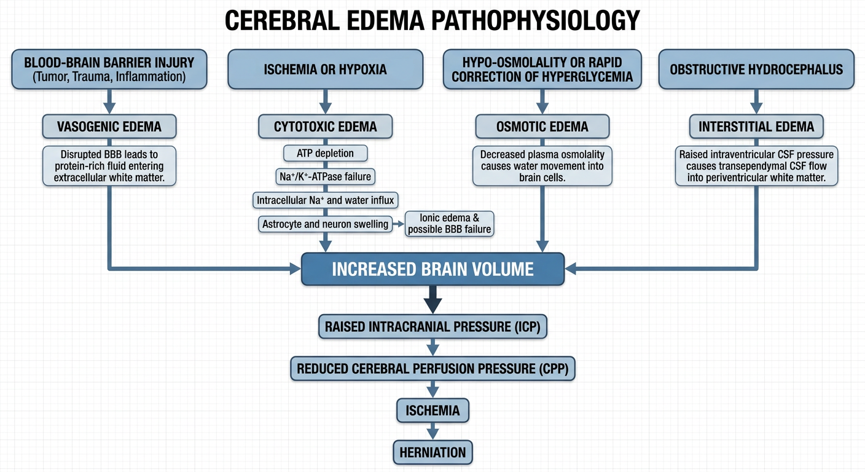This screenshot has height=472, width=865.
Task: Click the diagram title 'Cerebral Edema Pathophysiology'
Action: coord(432,20)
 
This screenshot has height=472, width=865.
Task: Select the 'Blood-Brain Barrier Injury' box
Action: coord(109,69)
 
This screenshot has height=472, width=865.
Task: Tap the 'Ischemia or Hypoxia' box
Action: coord(325,69)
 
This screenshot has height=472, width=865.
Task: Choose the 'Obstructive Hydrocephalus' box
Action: coord(756,69)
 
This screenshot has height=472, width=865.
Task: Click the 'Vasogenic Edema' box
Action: coord(109,127)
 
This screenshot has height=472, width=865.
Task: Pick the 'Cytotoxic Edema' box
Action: coord(325,127)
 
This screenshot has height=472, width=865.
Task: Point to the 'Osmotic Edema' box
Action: coord(542,127)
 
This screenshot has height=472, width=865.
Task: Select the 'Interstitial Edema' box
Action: coord(756,127)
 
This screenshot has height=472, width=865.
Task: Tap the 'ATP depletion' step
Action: coord(325,154)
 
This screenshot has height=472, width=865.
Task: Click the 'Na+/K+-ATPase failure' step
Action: coord(325,176)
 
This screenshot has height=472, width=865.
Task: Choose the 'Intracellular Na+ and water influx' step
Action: coord(325,200)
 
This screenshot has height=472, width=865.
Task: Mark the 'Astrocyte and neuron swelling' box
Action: coord(325,224)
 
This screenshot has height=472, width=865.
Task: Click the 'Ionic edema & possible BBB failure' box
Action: coord(449,224)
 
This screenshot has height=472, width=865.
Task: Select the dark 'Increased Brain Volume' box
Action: coord(432,269)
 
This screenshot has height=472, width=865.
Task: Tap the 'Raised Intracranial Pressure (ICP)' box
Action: coord(432,327)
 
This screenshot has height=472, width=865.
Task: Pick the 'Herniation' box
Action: coord(432,452)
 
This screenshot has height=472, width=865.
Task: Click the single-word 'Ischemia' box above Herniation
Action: coord(432,410)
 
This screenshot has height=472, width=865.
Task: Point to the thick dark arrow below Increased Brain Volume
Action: coord(432,300)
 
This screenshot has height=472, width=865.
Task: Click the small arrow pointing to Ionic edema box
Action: coord(399,224)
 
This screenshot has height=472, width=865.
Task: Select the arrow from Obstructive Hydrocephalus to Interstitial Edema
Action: coord(756,101)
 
